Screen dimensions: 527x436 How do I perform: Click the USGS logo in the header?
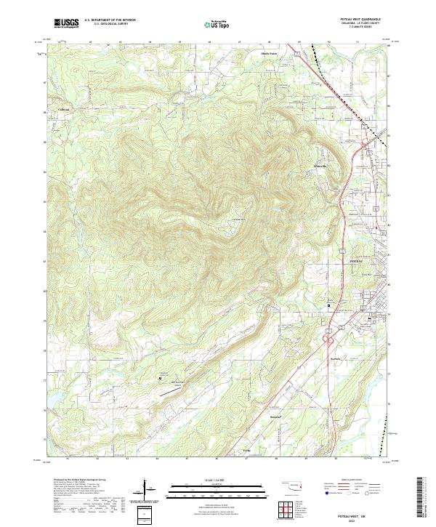pos(67,23)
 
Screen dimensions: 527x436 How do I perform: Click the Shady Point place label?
pos(270,53)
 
